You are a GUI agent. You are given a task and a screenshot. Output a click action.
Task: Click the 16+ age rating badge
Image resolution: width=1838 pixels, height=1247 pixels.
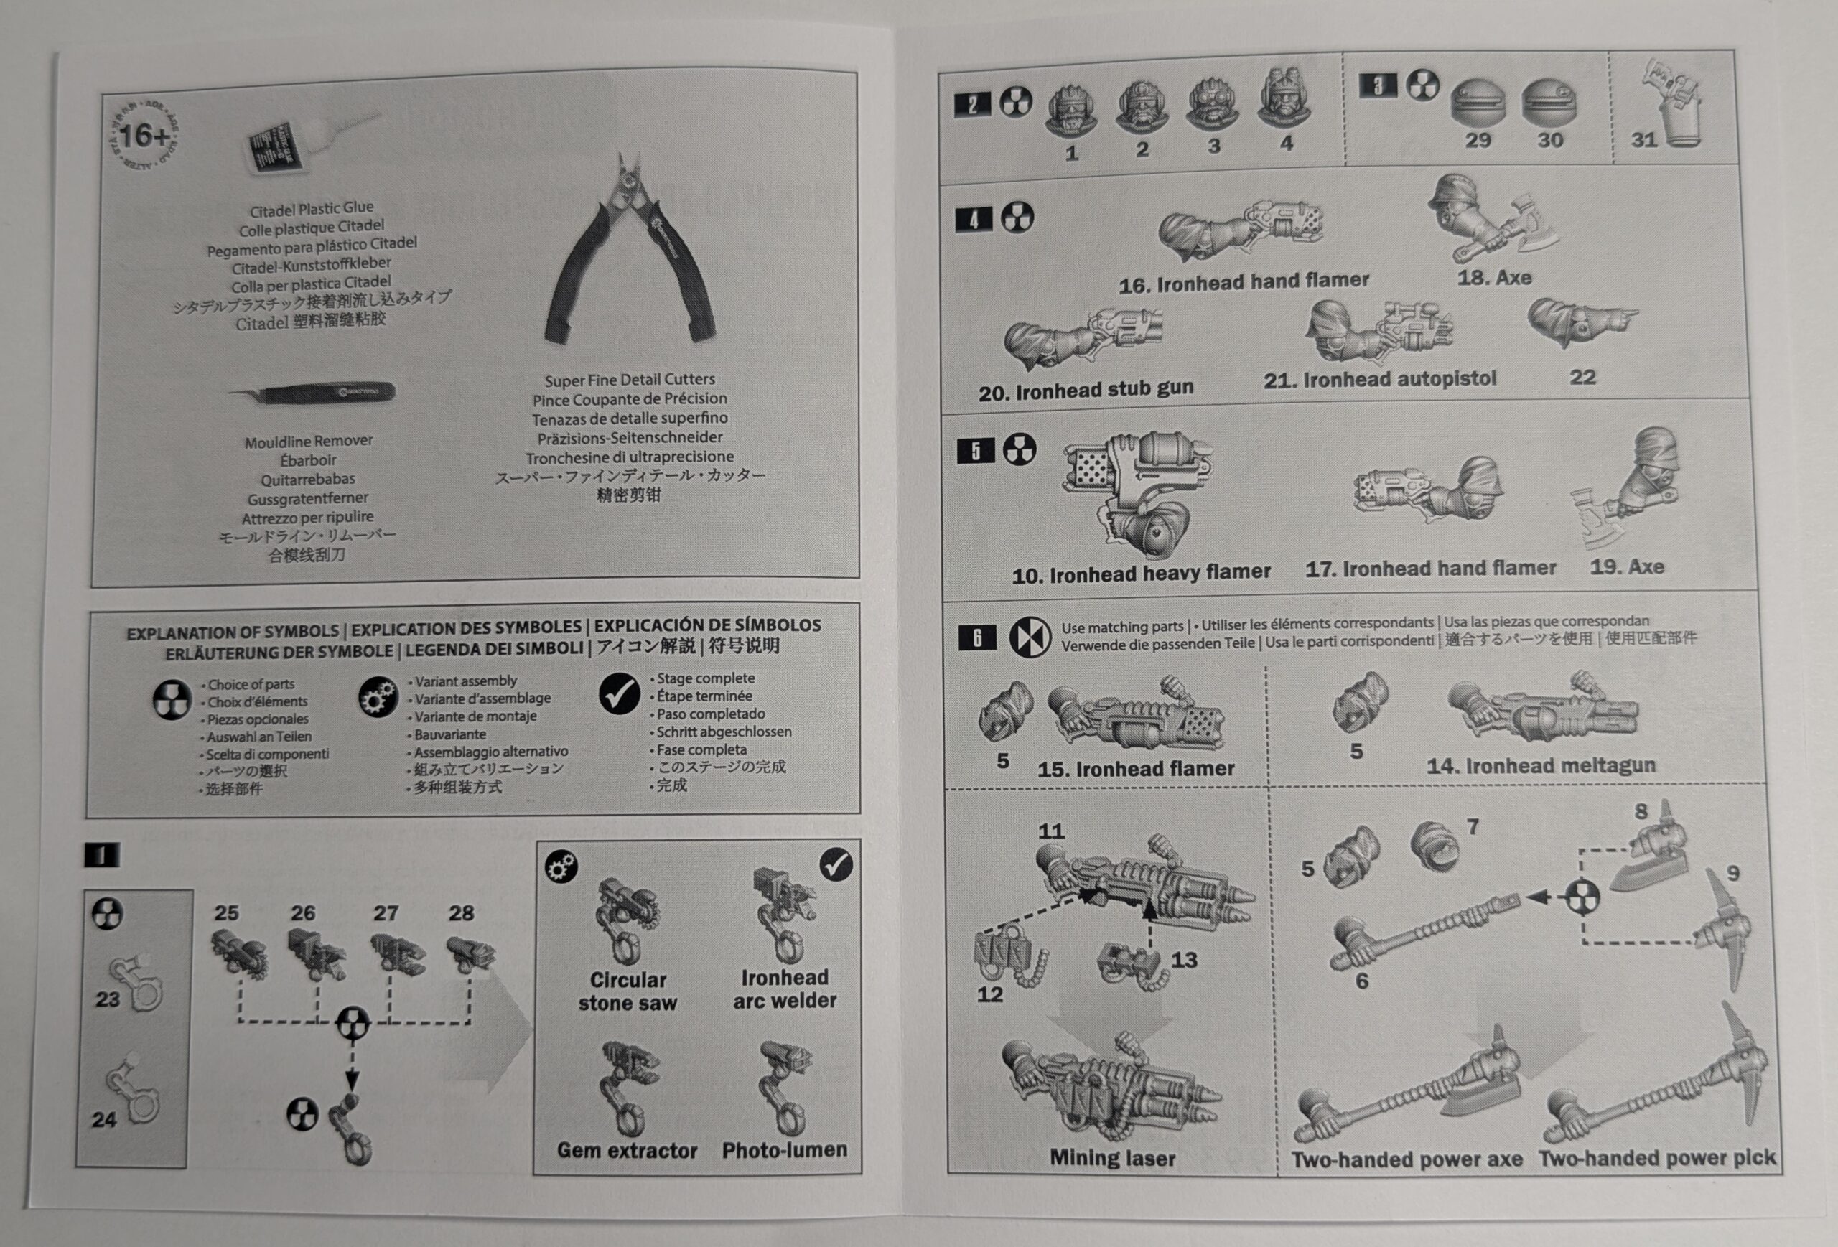tap(143, 136)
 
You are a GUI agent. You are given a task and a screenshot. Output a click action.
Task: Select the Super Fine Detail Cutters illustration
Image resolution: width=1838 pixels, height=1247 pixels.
tap(630, 251)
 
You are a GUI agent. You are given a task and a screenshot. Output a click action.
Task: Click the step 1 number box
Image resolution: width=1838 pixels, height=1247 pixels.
tap(102, 855)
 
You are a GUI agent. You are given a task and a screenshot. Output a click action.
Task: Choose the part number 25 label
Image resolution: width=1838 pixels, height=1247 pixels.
tap(226, 912)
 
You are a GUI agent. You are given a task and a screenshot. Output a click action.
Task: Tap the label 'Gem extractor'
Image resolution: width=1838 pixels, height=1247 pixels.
tap(628, 1151)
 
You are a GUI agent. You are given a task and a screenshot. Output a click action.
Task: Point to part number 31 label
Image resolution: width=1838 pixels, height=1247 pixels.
tap(1643, 140)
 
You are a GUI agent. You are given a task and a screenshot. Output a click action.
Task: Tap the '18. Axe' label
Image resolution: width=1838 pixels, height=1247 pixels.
tap(1494, 278)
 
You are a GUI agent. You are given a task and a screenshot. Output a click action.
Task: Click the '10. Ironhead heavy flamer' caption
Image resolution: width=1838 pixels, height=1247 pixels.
tap(1140, 574)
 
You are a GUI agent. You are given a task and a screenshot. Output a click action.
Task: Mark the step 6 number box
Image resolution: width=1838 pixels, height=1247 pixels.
tap(976, 637)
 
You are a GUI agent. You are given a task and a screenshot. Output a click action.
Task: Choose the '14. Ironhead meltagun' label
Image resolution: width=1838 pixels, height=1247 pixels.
tap(1541, 765)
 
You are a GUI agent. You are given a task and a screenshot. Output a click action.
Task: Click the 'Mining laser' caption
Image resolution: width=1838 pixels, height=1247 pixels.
tap(1112, 1158)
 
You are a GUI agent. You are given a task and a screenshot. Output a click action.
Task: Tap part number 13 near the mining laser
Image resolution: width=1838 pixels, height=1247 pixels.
tap(1184, 959)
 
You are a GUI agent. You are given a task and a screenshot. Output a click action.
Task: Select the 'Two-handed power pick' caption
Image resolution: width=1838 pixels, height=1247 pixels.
tap(1657, 1159)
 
